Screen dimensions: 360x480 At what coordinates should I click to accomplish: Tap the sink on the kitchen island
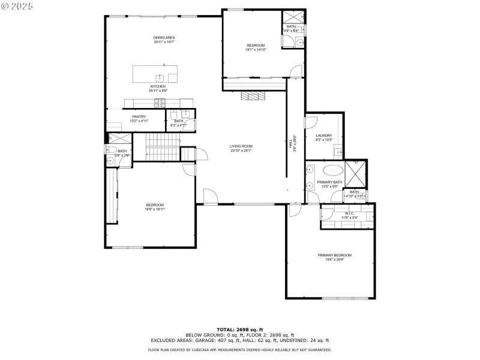tap(160, 77)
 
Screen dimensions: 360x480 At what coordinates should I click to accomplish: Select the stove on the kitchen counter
tap(159, 103)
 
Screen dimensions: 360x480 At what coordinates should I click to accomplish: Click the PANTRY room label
tap(139, 116)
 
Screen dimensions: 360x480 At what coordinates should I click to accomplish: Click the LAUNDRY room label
tap(324, 136)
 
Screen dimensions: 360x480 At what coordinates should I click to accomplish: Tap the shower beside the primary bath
tap(355, 175)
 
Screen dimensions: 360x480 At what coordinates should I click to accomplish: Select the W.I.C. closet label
tap(348, 213)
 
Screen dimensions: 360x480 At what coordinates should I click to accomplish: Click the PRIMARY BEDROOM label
tap(335, 255)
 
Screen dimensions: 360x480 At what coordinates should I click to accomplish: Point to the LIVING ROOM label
tap(241, 146)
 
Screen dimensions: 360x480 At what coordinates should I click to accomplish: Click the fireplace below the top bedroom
tap(252, 95)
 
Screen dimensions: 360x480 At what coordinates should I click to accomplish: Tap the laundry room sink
tap(338, 151)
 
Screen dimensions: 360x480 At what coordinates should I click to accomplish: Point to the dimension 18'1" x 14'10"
tap(256, 50)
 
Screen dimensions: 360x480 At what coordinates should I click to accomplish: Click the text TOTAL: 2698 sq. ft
tap(239, 329)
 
